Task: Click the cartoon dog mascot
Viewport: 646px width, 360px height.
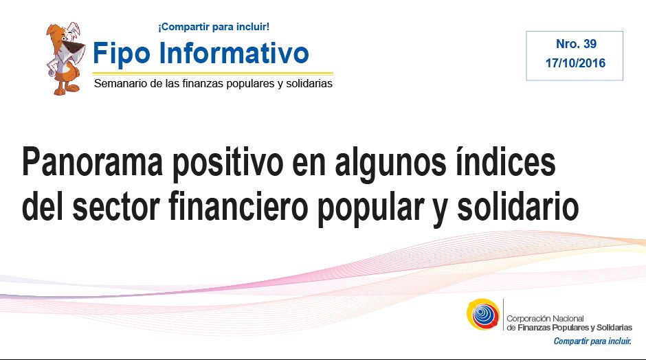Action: (x=65, y=58)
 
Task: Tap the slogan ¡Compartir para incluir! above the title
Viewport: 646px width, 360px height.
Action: (x=214, y=27)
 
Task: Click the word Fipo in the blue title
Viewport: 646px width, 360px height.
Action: (x=122, y=54)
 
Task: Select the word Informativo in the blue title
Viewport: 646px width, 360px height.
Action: (x=234, y=52)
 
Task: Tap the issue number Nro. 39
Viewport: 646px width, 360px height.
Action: (x=576, y=44)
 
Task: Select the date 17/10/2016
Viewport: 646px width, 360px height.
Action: (x=575, y=63)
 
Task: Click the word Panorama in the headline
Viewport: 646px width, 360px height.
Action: (x=93, y=161)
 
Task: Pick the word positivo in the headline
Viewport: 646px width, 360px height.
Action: (x=228, y=164)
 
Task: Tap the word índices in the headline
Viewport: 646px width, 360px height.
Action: (x=505, y=161)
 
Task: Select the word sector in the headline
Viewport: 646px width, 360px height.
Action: (x=116, y=207)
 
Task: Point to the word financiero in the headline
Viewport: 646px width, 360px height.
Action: (x=238, y=205)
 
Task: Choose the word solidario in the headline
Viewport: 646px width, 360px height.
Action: (x=518, y=205)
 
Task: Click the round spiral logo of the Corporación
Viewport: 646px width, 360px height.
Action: (x=483, y=314)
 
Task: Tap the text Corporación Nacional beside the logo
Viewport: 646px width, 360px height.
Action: (x=545, y=318)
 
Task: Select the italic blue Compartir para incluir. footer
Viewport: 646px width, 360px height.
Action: (x=592, y=341)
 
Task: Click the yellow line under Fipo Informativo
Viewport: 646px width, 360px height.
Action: (x=213, y=74)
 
